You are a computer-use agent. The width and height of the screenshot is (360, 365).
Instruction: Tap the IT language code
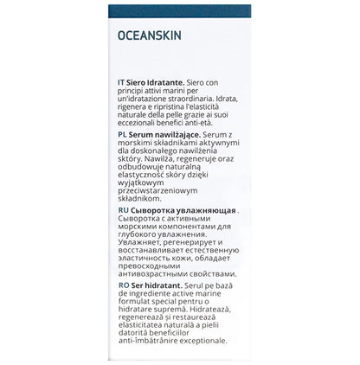(121, 81)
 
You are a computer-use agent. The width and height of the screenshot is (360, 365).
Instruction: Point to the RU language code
(122, 210)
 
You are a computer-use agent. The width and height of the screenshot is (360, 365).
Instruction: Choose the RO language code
(122, 285)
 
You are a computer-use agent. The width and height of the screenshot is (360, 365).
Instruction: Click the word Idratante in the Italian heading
(172, 81)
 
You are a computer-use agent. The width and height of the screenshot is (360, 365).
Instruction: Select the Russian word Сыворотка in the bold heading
(155, 210)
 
